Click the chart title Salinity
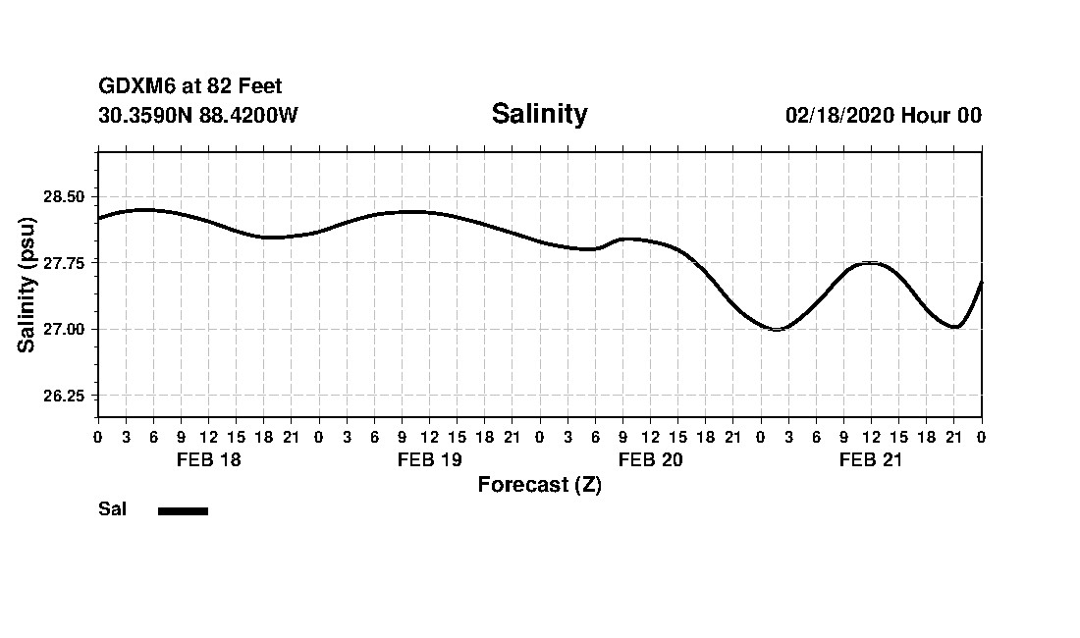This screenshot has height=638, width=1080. (x=539, y=114)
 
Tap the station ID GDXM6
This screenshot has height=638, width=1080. (x=137, y=87)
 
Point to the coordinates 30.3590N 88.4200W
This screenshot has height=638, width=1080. (x=198, y=115)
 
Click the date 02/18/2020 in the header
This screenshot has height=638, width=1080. (x=838, y=116)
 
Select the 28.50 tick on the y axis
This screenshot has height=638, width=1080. (x=65, y=196)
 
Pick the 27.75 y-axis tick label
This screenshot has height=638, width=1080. (x=65, y=263)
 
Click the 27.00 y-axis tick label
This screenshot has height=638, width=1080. (x=65, y=329)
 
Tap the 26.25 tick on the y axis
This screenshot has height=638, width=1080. (x=65, y=396)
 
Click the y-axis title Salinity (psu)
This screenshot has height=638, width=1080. (x=27, y=285)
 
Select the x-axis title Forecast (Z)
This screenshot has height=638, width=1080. (x=539, y=485)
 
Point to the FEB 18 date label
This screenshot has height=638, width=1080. (x=208, y=459)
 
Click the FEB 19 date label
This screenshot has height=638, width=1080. (x=429, y=459)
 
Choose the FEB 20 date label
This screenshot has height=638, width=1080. (x=650, y=459)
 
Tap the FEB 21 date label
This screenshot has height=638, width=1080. (x=871, y=459)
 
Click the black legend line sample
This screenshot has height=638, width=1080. (x=183, y=510)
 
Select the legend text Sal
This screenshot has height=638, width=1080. (x=112, y=509)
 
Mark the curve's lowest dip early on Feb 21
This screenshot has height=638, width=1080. (x=777, y=329)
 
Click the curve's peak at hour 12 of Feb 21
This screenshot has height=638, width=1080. (x=871, y=263)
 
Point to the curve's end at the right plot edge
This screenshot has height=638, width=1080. (x=981, y=283)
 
